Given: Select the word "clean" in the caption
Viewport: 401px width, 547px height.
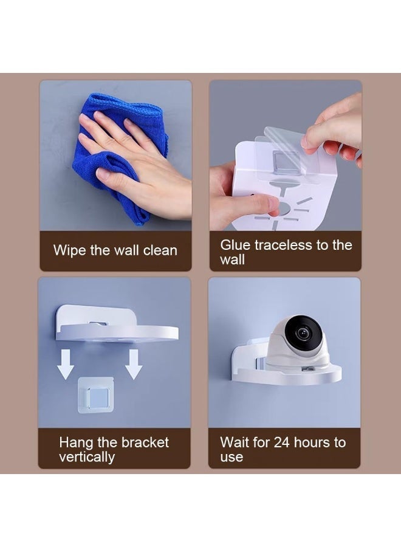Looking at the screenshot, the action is click(x=160, y=250).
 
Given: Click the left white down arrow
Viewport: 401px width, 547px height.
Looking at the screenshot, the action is click(x=66, y=364).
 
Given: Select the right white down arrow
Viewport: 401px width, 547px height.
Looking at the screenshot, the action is click(x=134, y=364).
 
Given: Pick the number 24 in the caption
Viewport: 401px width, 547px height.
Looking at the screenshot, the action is click(x=282, y=442).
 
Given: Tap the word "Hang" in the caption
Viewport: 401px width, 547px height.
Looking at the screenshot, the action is click(x=77, y=443).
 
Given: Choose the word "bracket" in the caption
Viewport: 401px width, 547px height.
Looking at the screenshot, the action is click(x=145, y=442).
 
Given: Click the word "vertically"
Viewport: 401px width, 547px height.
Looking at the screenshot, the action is click(x=87, y=457).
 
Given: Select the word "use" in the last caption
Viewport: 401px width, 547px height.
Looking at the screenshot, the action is click(x=231, y=457).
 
